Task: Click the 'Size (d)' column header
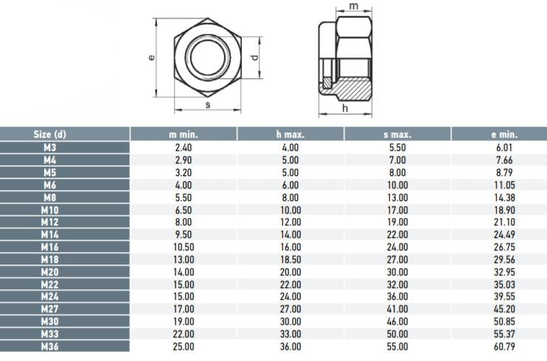click(x=49, y=134)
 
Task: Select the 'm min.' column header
click(x=183, y=134)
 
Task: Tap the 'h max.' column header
click(x=290, y=134)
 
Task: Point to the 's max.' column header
click(x=397, y=134)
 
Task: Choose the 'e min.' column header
click(x=504, y=134)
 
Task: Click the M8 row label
click(x=49, y=197)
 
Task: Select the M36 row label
click(x=49, y=347)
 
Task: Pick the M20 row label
click(x=49, y=272)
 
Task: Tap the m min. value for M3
click(x=183, y=147)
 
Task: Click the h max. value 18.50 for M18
click(x=290, y=259)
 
